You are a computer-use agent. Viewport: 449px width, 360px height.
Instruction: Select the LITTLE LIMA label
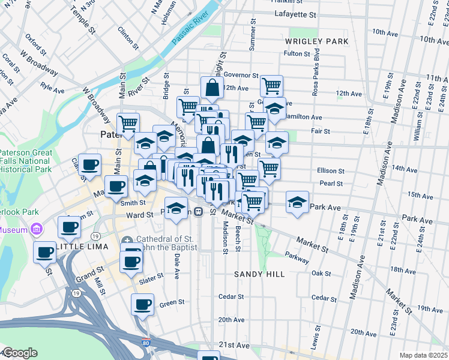[83, 247]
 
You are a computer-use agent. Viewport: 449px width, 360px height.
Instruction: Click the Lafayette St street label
[295, 14]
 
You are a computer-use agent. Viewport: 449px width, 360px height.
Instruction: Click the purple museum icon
[36, 229]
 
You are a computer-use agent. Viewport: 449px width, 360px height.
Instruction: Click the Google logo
[19, 353]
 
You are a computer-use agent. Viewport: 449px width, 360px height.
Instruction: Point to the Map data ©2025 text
[424, 355]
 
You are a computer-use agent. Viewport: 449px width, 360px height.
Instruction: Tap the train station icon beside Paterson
[197, 212]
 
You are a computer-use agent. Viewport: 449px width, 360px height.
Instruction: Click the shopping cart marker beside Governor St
[271, 86]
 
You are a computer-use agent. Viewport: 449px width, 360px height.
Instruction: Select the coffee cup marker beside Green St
[142, 304]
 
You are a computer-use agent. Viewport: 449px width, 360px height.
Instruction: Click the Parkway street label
[298, 258]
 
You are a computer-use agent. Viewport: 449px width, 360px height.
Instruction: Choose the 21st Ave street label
[234, 346]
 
